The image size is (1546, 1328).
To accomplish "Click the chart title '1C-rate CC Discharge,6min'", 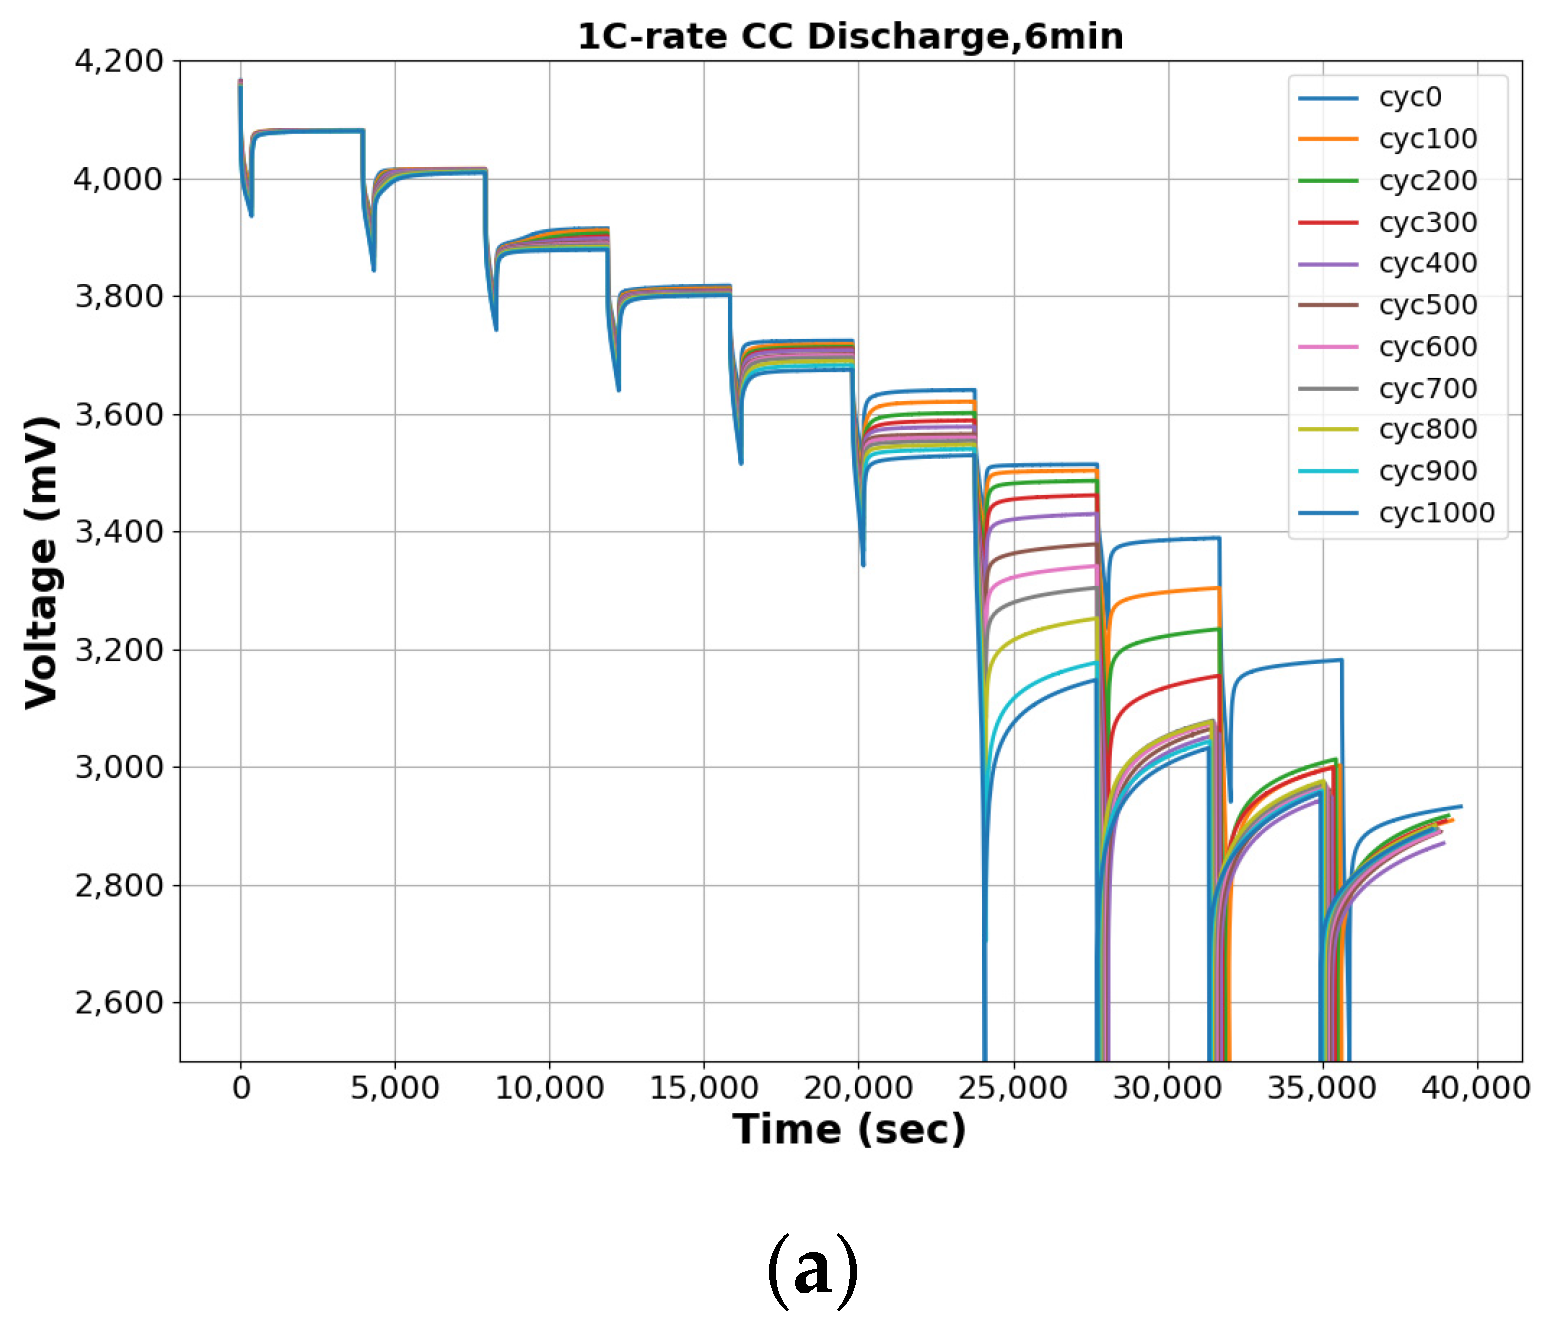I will click(850, 37).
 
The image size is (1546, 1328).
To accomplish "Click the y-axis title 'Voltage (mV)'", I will click(42, 562).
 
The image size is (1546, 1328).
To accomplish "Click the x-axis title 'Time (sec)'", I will click(849, 1129).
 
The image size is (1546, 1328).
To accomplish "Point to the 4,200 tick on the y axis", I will click(119, 61).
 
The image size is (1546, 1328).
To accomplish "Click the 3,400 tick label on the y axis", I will click(119, 532).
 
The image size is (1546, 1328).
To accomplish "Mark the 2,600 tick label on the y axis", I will click(119, 1002).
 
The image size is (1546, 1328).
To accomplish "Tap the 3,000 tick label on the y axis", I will click(119, 767).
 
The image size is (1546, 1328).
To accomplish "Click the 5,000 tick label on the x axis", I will click(395, 1087).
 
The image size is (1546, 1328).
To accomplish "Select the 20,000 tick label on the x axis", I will click(858, 1087).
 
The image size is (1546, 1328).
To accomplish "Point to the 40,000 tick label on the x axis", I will click(1476, 1087).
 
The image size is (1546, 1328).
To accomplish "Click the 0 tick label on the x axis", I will click(241, 1087).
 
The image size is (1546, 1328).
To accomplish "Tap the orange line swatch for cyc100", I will click(1328, 139).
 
